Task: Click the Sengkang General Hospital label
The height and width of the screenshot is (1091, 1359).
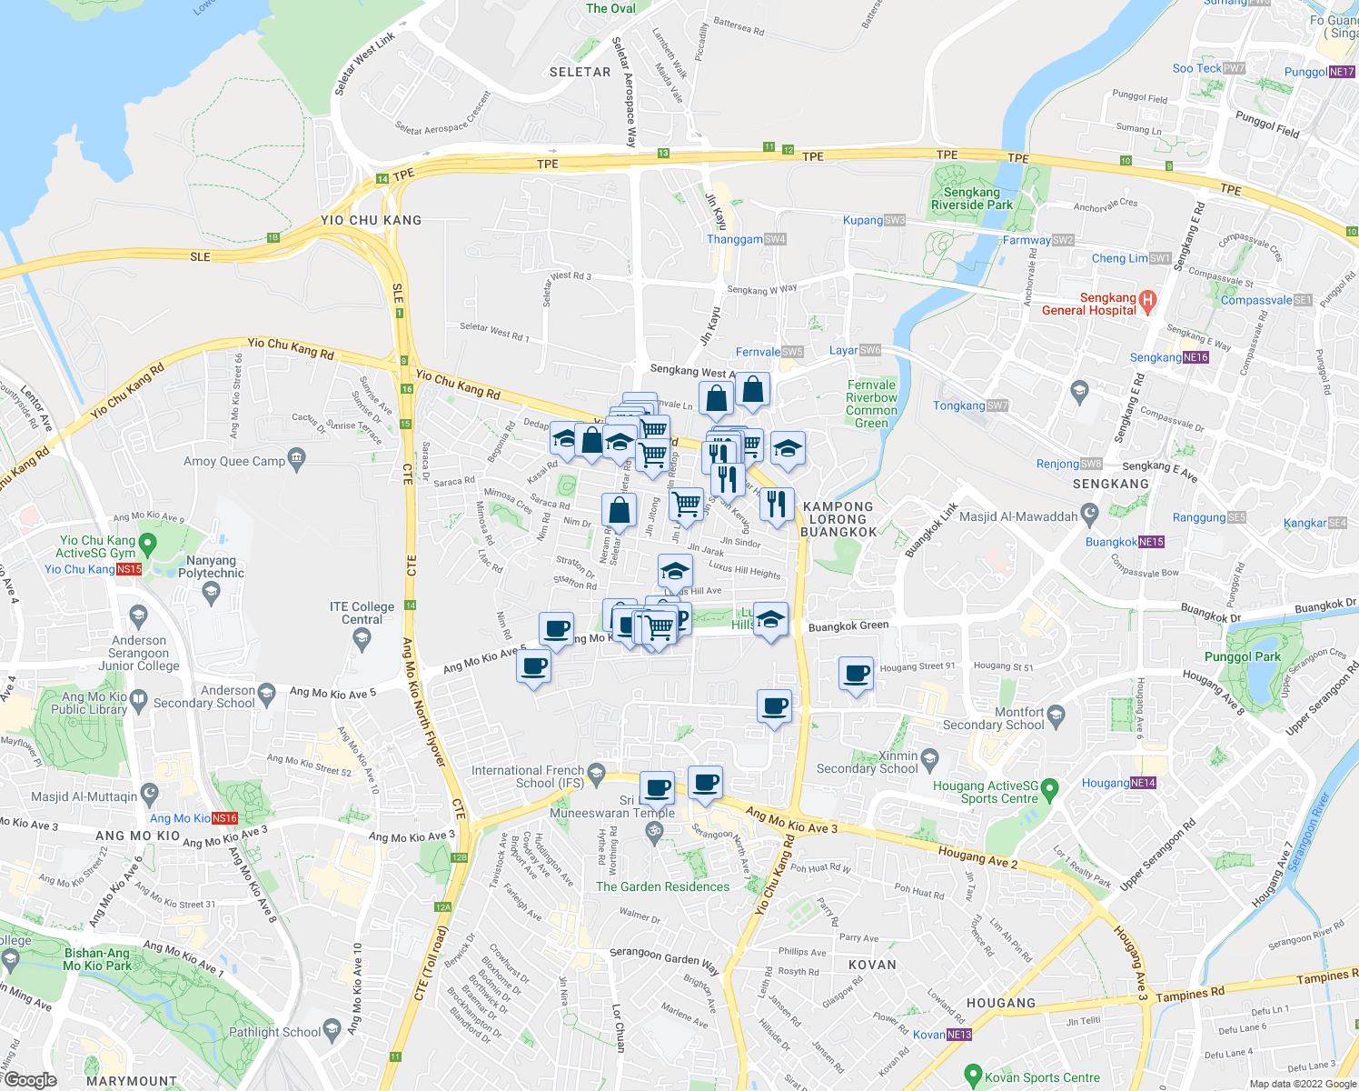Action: (1089, 304)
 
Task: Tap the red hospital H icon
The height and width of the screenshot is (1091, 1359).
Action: (1147, 299)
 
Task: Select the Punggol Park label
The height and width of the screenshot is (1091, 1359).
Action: (1242, 656)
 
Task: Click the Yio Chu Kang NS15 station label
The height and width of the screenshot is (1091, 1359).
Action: (93, 569)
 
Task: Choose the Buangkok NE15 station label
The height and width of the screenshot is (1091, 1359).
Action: (1125, 542)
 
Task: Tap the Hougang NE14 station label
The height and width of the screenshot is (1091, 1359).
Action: (1118, 783)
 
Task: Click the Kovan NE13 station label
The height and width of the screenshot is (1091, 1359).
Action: (942, 1035)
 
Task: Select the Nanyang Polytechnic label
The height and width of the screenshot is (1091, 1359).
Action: (211, 566)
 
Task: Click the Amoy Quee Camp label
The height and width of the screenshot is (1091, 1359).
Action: (234, 461)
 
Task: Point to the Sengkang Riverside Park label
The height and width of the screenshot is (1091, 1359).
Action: (971, 198)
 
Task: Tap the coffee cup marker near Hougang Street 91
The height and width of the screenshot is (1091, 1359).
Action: (856, 675)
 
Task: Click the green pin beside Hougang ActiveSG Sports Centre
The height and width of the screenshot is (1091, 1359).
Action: (1049, 786)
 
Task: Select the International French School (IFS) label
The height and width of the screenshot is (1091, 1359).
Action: (527, 776)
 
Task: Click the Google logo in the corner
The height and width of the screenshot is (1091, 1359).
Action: (30, 1080)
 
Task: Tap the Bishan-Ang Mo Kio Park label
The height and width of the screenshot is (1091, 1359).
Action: (97, 959)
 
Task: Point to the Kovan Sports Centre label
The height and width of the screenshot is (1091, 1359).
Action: (1042, 1077)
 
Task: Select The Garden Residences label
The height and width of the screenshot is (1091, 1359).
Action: (662, 886)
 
